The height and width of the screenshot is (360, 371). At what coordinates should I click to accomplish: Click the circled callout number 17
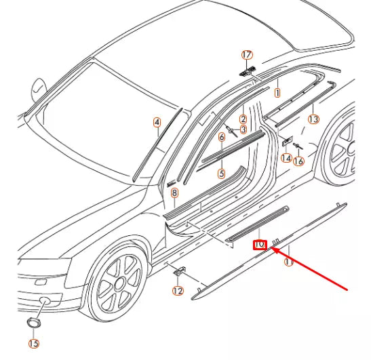247,55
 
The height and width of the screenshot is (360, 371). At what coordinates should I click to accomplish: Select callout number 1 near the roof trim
277,92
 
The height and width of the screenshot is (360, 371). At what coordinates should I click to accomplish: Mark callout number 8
174,193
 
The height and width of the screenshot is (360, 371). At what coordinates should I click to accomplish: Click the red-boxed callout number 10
260,245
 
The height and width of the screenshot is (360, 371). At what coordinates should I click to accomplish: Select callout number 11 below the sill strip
288,262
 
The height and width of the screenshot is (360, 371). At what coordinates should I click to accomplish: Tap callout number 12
178,291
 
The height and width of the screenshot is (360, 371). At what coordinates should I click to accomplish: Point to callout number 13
313,119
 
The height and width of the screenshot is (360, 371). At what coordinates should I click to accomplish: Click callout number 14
286,158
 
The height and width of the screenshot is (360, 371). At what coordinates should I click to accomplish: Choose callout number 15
34,343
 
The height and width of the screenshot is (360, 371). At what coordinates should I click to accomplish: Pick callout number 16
298,161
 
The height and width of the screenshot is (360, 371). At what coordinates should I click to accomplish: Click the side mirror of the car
38,89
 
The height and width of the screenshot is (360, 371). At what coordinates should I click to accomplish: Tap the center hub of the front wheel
119,283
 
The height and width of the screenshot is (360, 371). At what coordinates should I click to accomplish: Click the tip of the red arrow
270,247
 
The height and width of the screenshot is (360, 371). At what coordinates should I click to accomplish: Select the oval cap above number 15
33,323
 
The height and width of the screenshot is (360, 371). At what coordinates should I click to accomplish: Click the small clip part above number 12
180,271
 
